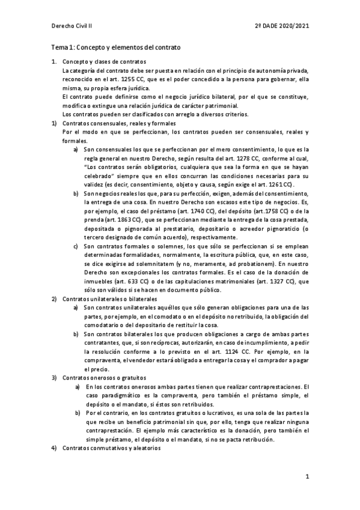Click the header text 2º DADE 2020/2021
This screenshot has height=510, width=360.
click(x=281, y=26)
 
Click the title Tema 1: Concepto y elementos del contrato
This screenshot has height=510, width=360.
click(x=115, y=46)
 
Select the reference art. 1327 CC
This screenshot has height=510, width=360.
click(x=272, y=281)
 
